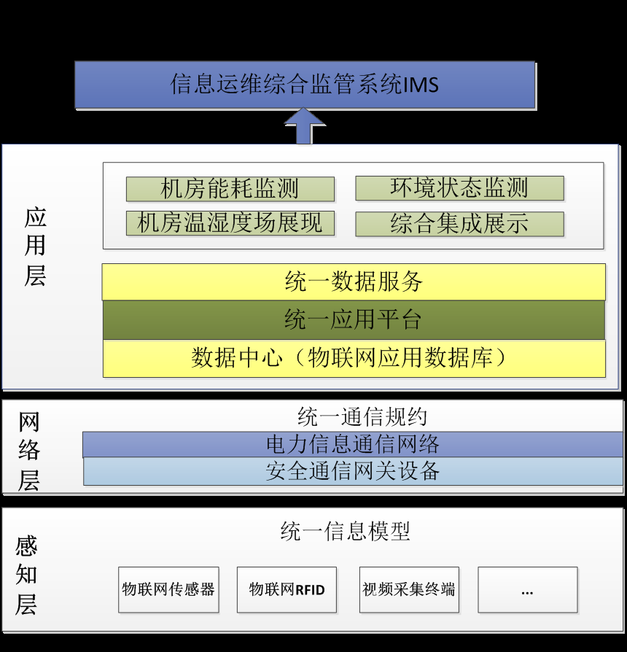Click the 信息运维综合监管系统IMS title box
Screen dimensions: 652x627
click(x=305, y=85)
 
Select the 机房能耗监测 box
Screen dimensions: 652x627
click(x=230, y=189)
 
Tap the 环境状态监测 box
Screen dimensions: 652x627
click(x=459, y=188)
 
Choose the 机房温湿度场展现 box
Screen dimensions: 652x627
click(x=230, y=223)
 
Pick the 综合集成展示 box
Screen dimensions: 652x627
click(x=459, y=224)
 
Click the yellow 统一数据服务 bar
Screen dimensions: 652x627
click(x=354, y=282)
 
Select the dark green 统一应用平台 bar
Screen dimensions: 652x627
click(x=354, y=319)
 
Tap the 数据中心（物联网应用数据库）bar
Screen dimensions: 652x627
click(x=354, y=358)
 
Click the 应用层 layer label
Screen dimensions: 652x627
click(x=35, y=247)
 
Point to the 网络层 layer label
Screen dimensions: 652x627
click(x=28, y=451)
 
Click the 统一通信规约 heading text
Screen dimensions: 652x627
click(x=362, y=417)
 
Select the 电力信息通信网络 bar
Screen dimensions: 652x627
click(x=353, y=444)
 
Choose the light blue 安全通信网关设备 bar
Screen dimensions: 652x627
click(x=353, y=471)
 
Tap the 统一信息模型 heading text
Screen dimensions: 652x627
click(x=345, y=531)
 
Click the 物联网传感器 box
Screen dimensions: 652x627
click(x=168, y=589)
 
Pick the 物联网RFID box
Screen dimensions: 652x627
click(x=287, y=589)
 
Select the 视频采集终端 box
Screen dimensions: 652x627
click(x=409, y=589)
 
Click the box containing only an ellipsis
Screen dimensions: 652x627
click(x=527, y=589)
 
